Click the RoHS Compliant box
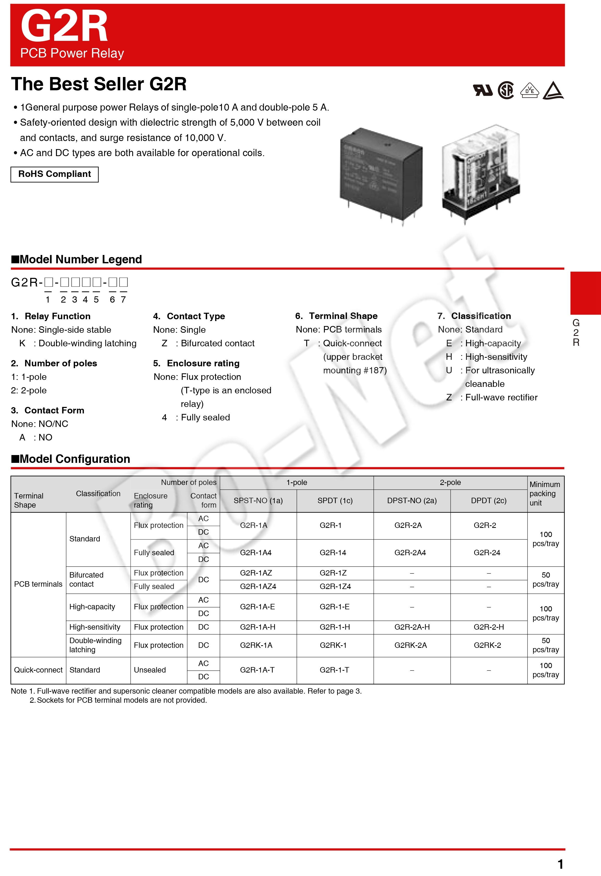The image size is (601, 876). pyautogui.click(x=54, y=174)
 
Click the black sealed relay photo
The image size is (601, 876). pyautogui.click(x=381, y=174)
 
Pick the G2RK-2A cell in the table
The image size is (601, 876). pyautogui.click(x=410, y=645)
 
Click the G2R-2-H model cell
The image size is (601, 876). pyautogui.click(x=489, y=627)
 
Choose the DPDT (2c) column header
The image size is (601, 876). pyautogui.click(x=489, y=501)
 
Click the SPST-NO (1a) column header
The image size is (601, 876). pyautogui.click(x=258, y=501)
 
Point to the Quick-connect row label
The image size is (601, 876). pyautogui.click(x=38, y=670)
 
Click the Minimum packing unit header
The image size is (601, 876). pyautogui.click(x=545, y=493)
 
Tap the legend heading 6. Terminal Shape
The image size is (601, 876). pyautogui.click(x=336, y=316)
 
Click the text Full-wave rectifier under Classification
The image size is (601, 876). pyautogui.click(x=501, y=397)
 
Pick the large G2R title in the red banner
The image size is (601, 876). pyautogui.click(x=64, y=26)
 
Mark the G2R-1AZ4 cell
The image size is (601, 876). pyautogui.click(x=258, y=586)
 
